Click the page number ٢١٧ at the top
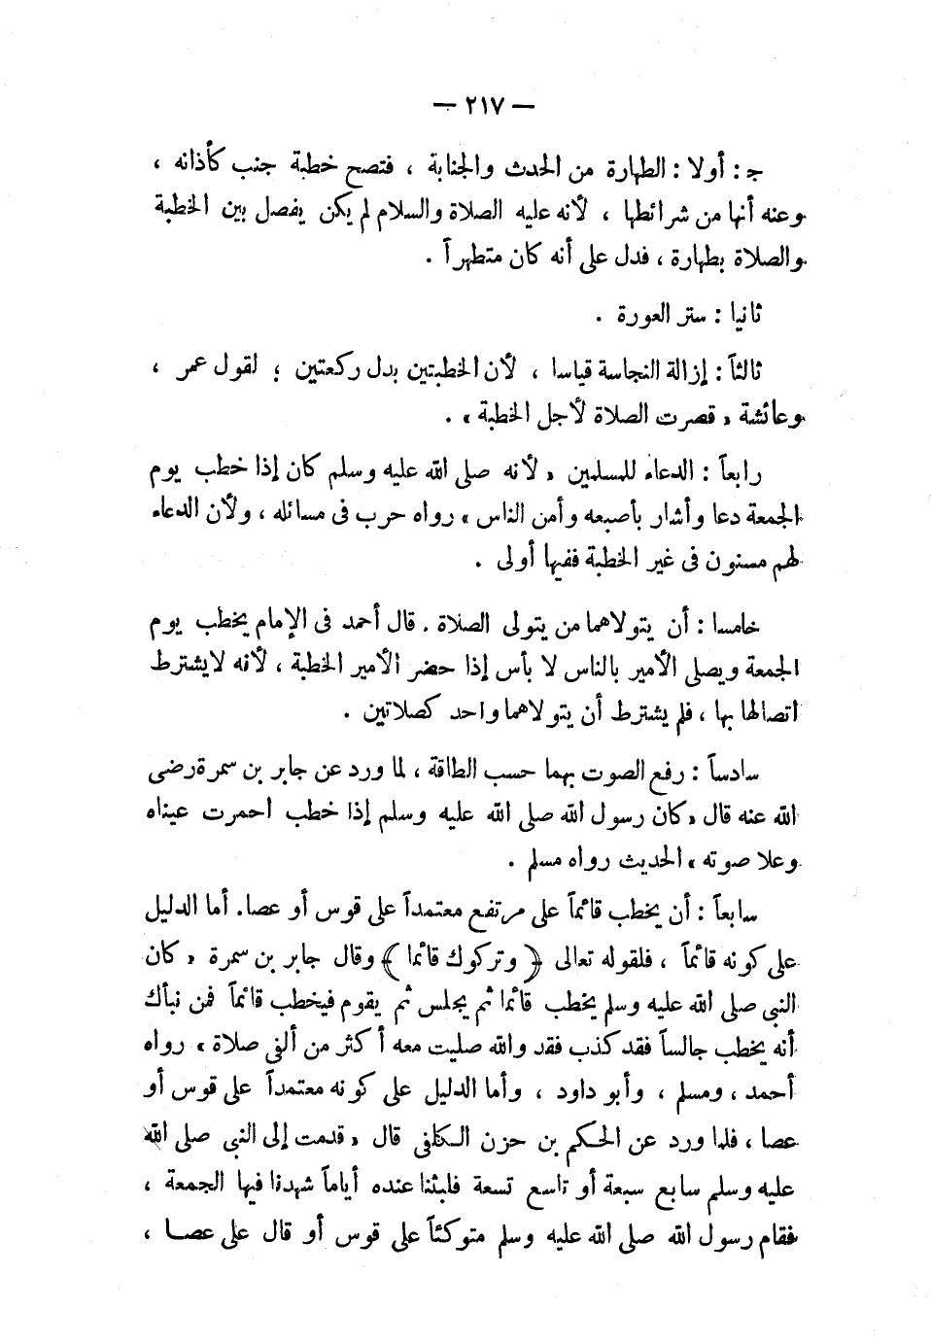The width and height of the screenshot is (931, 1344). pyautogui.click(x=476, y=105)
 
